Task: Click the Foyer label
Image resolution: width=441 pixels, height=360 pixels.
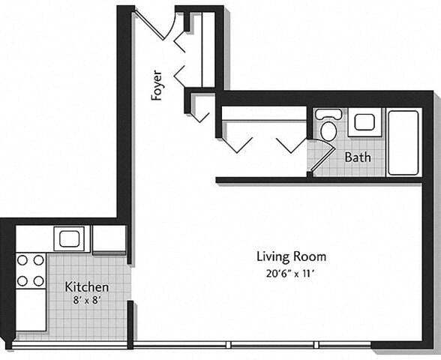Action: [157, 85]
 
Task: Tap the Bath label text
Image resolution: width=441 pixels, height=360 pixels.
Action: [358, 157]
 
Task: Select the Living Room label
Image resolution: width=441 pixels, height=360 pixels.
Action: [292, 256]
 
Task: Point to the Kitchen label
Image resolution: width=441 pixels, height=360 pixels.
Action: [87, 286]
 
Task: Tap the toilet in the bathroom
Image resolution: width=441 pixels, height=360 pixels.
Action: [328, 130]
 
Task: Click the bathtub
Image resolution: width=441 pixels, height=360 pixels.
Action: [403, 142]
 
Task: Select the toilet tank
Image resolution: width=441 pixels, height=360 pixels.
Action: [328, 114]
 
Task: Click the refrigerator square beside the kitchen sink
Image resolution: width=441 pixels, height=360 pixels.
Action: [109, 238]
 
